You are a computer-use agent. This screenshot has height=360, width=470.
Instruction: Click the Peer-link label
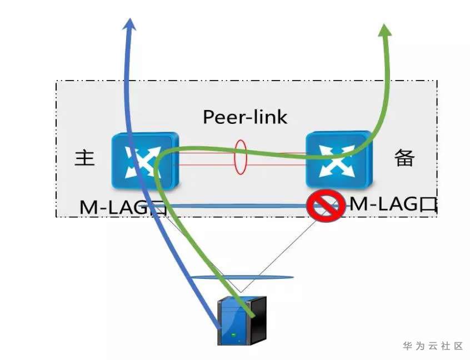click(245, 117)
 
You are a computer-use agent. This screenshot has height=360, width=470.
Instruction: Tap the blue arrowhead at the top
click(130, 23)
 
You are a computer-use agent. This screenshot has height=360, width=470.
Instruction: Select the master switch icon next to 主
click(144, 159)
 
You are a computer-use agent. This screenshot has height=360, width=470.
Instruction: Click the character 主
click(84, 158)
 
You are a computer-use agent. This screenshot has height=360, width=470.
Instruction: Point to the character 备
click(404, 158)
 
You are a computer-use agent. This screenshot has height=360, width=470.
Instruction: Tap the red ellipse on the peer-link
click(241, 157)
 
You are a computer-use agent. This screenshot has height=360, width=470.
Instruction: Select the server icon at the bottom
click(241, 319)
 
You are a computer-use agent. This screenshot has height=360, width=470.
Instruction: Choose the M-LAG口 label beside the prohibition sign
click(391, 204)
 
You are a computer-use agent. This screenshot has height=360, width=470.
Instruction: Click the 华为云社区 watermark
click(433, 346)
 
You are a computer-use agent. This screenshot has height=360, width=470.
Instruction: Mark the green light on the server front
click(233, 334)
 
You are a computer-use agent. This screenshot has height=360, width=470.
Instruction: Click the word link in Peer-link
click(269, 117)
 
